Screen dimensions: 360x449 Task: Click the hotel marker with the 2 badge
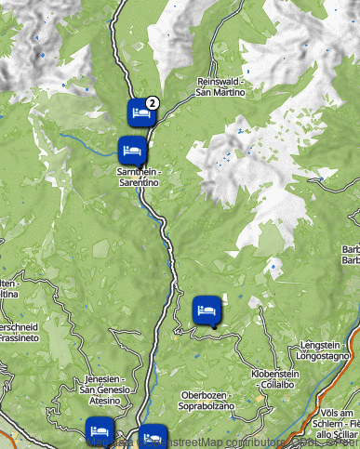point(140,112)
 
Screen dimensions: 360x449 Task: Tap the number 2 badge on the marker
point(153,102)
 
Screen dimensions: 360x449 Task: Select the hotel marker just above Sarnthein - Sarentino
point(130,149)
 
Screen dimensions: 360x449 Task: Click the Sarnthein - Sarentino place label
point(138,178)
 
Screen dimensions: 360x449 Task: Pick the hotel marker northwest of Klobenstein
point(207,310)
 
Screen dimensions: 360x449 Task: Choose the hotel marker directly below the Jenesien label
point(100,430)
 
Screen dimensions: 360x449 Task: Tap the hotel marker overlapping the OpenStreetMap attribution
point(152,436)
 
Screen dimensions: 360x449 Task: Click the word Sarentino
point(139,183)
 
